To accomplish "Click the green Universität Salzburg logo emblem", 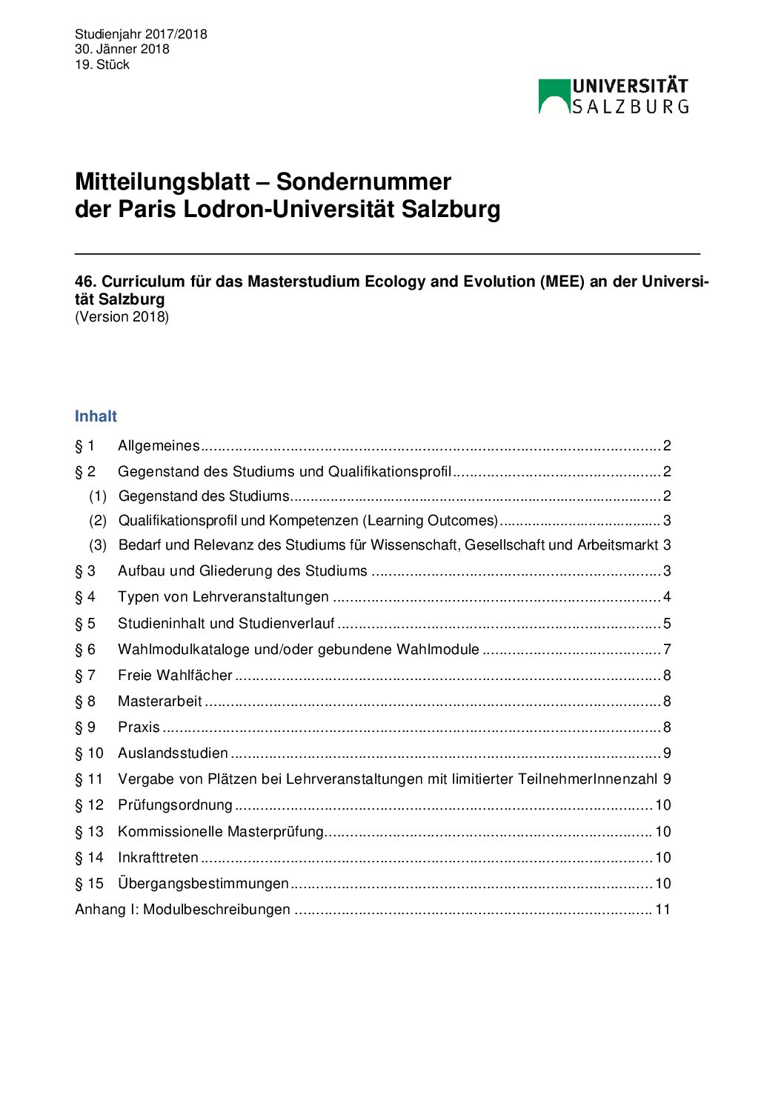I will pyautogui.click(x=554, y=96).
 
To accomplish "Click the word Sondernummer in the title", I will pyautogui.click(x=363, y=181).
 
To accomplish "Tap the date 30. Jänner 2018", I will pyautogui.click(x=122, y=49).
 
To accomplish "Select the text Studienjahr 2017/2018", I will pyautogui.click(x=141, y=34).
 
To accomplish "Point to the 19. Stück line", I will pyautogui.click(x=102, y=64).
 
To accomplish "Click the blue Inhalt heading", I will pyautogui.click(x=96, y=416).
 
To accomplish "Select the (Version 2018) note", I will pyautogui.click(x=122, y=317).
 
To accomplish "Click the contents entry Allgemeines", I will pyautogui.click(x=159, y=446).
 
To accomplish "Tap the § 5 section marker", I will pyautogui.click(x=85, y=624).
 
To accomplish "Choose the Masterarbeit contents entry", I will pyautogui.click(x=159, y=702).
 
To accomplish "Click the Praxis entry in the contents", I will pyautogui.click(x=139, y=727).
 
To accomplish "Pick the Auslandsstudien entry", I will pyautogui.click(x=173, y=753).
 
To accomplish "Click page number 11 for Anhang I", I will pyautogui.click(x=662, y=910).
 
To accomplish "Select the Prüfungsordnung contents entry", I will pyautogui.click(x=175, y=805).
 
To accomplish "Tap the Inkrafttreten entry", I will pyautogui.click(x=158, y=858).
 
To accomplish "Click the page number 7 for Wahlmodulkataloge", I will pyautogui.click(x=667, y=650).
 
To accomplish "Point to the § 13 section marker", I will pyautogui.click(x=89, y=832).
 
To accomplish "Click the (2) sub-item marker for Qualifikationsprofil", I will pyautogui.click(x=98, y=521).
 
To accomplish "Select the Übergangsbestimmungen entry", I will pyautogui.click(x=203, y=884).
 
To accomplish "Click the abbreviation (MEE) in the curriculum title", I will pyautogui.click(x=562, y=282).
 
